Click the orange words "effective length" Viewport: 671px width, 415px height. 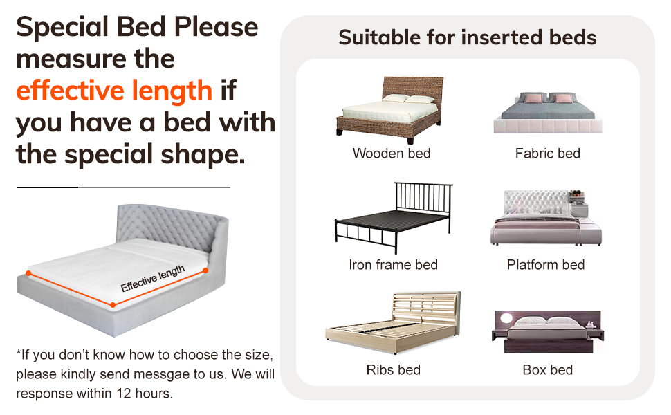113,91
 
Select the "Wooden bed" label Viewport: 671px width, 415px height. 392,153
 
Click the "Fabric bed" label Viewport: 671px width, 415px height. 547,153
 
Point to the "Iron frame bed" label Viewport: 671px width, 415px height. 393,264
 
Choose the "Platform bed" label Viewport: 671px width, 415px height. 546,264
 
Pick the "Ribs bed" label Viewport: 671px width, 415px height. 394,370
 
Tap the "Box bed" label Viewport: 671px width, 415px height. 547,370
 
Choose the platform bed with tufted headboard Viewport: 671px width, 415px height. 546,219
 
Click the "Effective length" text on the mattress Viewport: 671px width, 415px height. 153,278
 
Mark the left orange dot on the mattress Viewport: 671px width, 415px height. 28,274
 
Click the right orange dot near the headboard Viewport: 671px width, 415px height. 205,270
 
